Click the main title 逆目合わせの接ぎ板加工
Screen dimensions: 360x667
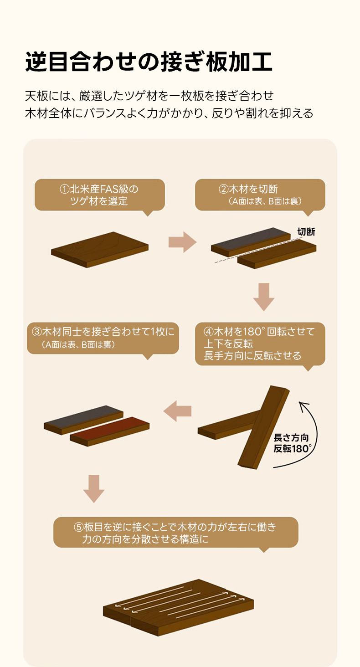[x=149, y=62]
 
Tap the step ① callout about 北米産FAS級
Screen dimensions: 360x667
[x=100, y=195]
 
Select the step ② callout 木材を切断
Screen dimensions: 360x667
[x=260, y=195]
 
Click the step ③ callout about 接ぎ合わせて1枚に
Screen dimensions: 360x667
[x=103, y=338]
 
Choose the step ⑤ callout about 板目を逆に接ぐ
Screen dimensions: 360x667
[x=176, y=533]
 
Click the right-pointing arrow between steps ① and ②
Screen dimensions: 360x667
[x=183, y=242]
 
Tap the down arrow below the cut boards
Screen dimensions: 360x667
[x=264, y=297]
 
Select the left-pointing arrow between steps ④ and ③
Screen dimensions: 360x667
[x=177, y=411]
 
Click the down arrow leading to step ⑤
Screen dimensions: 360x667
[x=94, y=489]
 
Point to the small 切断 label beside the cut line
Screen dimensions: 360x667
[x=306, y=231]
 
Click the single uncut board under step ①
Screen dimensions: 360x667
[x=100, y=250]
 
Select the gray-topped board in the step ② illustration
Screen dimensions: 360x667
[x=251, y=242]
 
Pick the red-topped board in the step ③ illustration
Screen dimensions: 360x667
[x=109, y=431]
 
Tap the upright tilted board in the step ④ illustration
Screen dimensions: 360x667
[x=263, y=427]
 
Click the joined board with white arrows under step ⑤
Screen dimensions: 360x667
[x=178, y=607]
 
